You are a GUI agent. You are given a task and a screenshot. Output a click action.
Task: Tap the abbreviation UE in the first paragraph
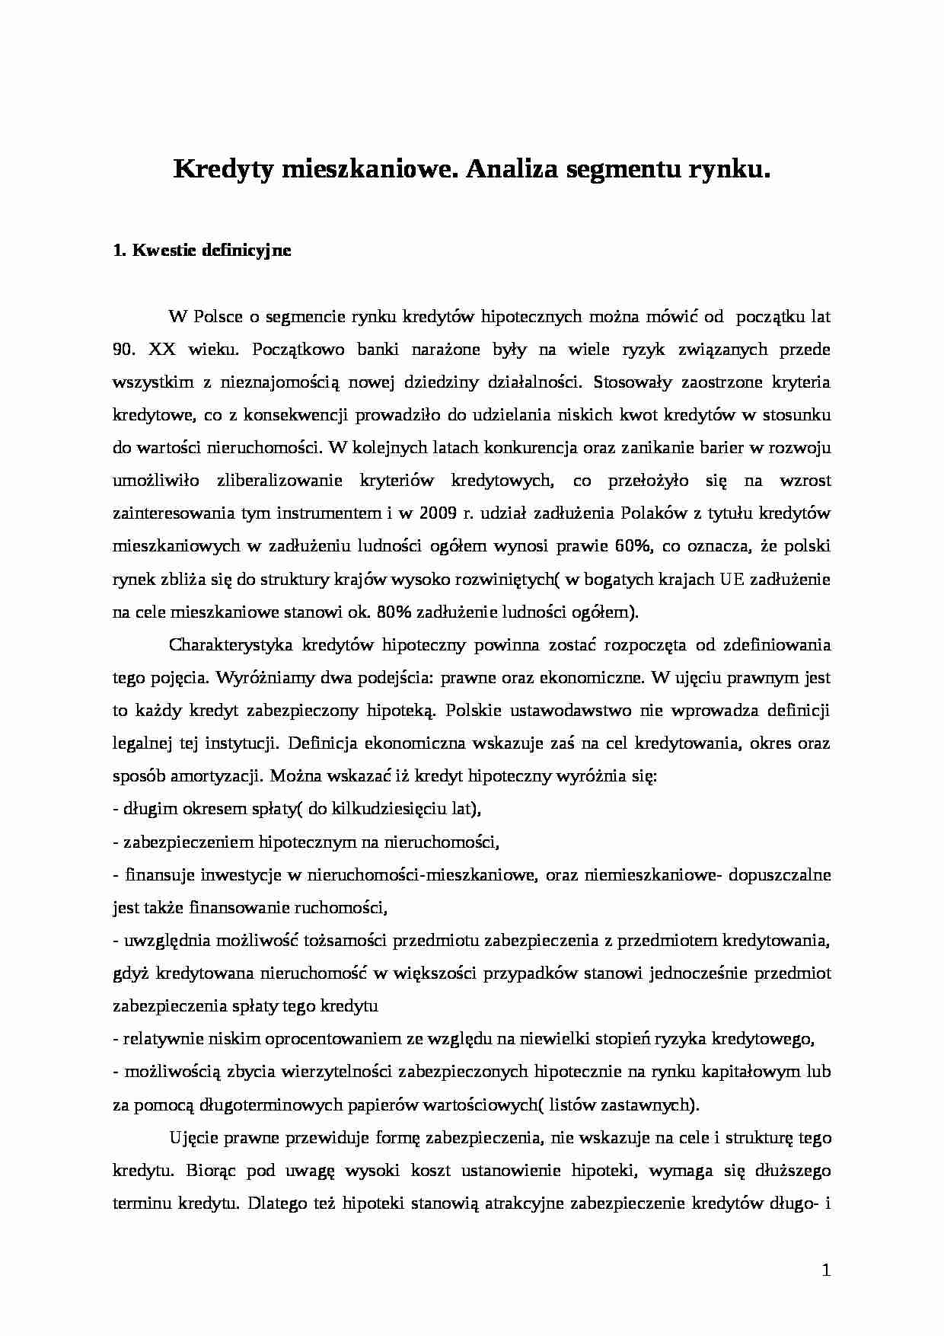(x=727, y=579)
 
